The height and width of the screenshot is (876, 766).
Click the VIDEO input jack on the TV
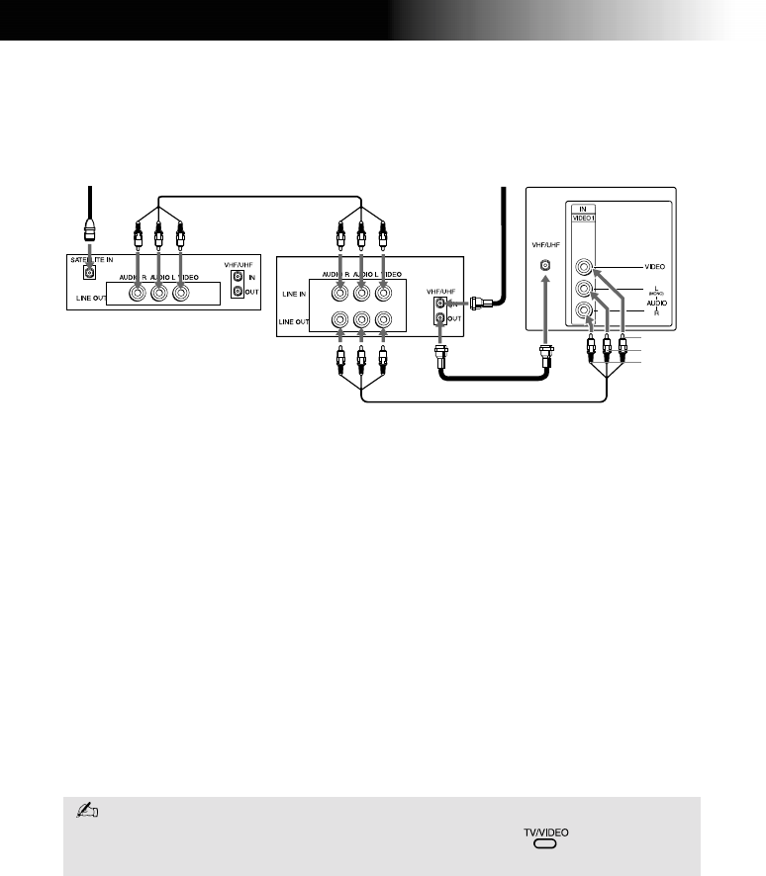point(587,266)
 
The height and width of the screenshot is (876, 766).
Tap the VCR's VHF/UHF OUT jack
point(440,318)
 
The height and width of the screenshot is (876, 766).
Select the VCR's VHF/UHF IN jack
point(440,303)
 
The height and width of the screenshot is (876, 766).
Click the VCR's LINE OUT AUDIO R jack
point(339,320)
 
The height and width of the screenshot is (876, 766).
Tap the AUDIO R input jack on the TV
point(587,313)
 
